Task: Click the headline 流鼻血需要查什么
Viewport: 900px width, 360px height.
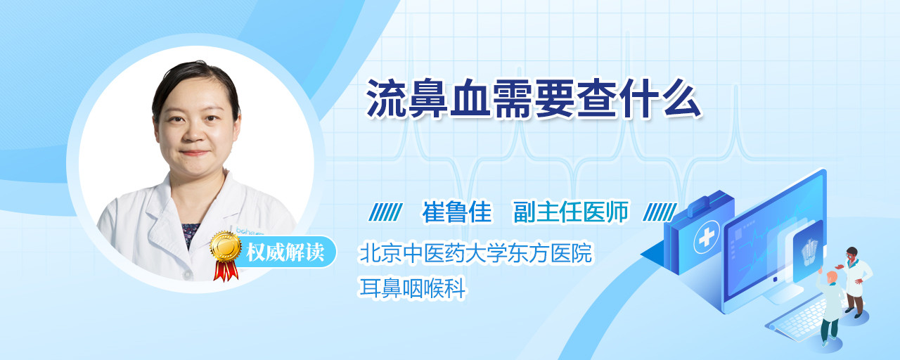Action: pos(534,99)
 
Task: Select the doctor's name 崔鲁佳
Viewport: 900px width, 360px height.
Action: pos(457,212)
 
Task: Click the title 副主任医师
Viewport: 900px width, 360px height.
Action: pos(571,212)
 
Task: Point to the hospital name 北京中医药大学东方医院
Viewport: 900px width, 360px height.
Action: pos(476,253)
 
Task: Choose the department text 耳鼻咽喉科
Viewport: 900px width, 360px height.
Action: pos(412,288)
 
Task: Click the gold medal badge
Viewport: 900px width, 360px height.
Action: pos(226,246)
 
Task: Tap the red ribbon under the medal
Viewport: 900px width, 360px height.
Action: pos(226,271)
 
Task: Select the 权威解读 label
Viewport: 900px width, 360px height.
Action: pos(285,252)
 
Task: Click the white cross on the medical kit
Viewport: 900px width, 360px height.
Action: pos(707,238)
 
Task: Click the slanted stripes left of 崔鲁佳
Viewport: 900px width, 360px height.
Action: pos(385,212)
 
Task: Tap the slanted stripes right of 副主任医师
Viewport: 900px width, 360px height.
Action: pos(660,212)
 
